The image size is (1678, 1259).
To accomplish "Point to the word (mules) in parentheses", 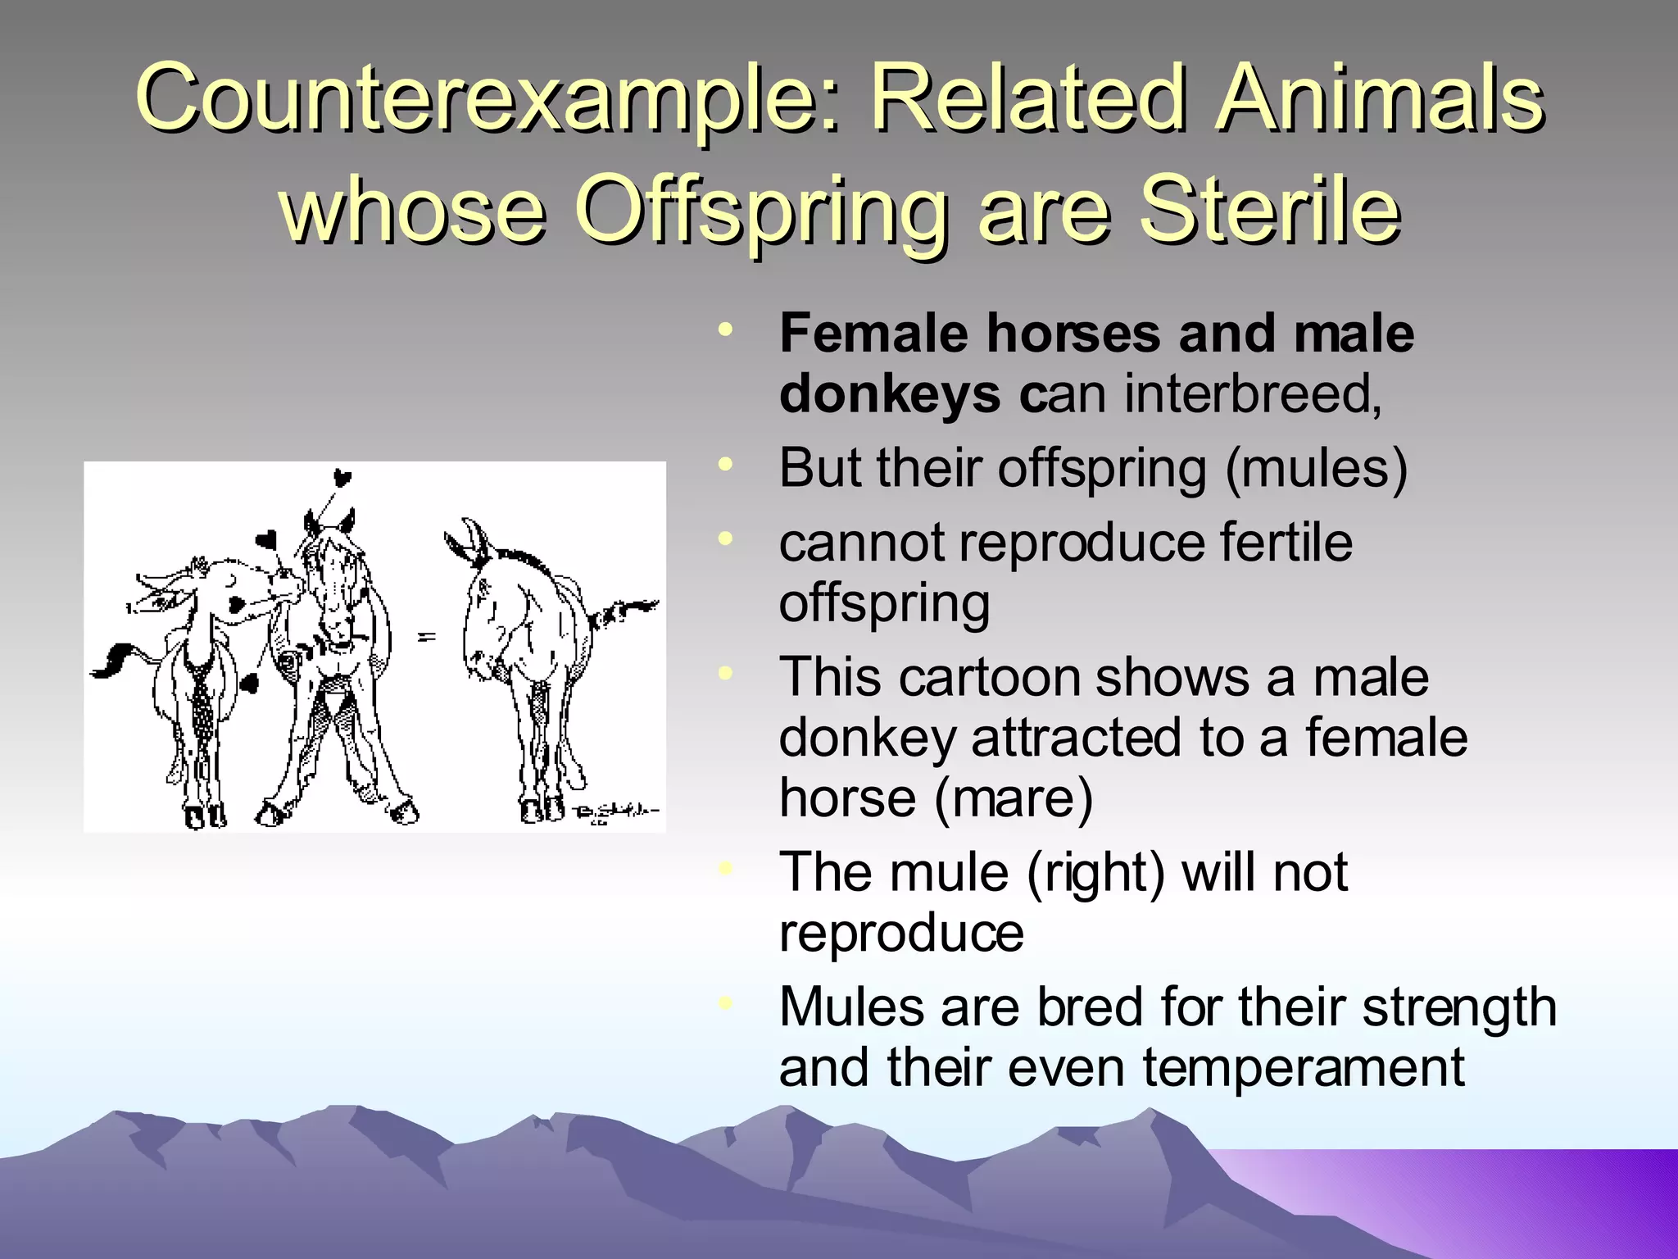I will (x=1316, y=469).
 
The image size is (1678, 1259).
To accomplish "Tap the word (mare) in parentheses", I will (x=1013, y=798).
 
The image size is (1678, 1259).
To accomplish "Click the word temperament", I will (x=1303, y=1068).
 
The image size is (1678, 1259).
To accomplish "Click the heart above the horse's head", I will (x=342, y=478).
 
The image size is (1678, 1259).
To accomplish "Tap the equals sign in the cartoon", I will (x=427, y=636).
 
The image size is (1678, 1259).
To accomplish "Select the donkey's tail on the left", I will (x=114, y=661).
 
